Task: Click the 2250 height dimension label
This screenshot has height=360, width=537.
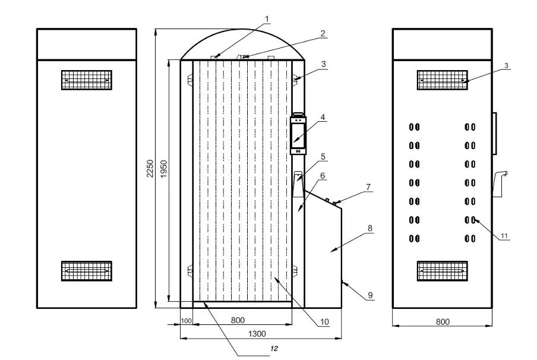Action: (150, 169)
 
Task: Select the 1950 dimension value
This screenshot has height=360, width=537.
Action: (164, 169)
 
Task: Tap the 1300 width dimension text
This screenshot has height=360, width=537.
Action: (257, 334)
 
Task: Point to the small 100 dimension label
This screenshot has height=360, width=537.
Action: (187, 321)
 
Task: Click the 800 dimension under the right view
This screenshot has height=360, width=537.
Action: (443, 321)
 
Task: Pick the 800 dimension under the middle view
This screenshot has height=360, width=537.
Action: (238, 320)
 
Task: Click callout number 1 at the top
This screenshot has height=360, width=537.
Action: (267, 19)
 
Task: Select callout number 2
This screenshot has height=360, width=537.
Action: (323, 33)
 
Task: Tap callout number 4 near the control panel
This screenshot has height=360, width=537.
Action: (323, 117)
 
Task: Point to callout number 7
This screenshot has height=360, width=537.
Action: (368, 187)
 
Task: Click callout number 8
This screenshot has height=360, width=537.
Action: (370, 228)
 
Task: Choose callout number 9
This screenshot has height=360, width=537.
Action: (370, 295)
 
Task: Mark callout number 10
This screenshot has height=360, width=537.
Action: (324, 322)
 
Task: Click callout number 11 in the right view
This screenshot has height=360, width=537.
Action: (504, 236)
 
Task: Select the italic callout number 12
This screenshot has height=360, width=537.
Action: (274, 349)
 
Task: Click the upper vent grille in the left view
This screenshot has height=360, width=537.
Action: (87, 80)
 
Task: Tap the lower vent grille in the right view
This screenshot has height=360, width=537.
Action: (443, 271)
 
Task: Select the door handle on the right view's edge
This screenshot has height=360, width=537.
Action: (495, 133)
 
